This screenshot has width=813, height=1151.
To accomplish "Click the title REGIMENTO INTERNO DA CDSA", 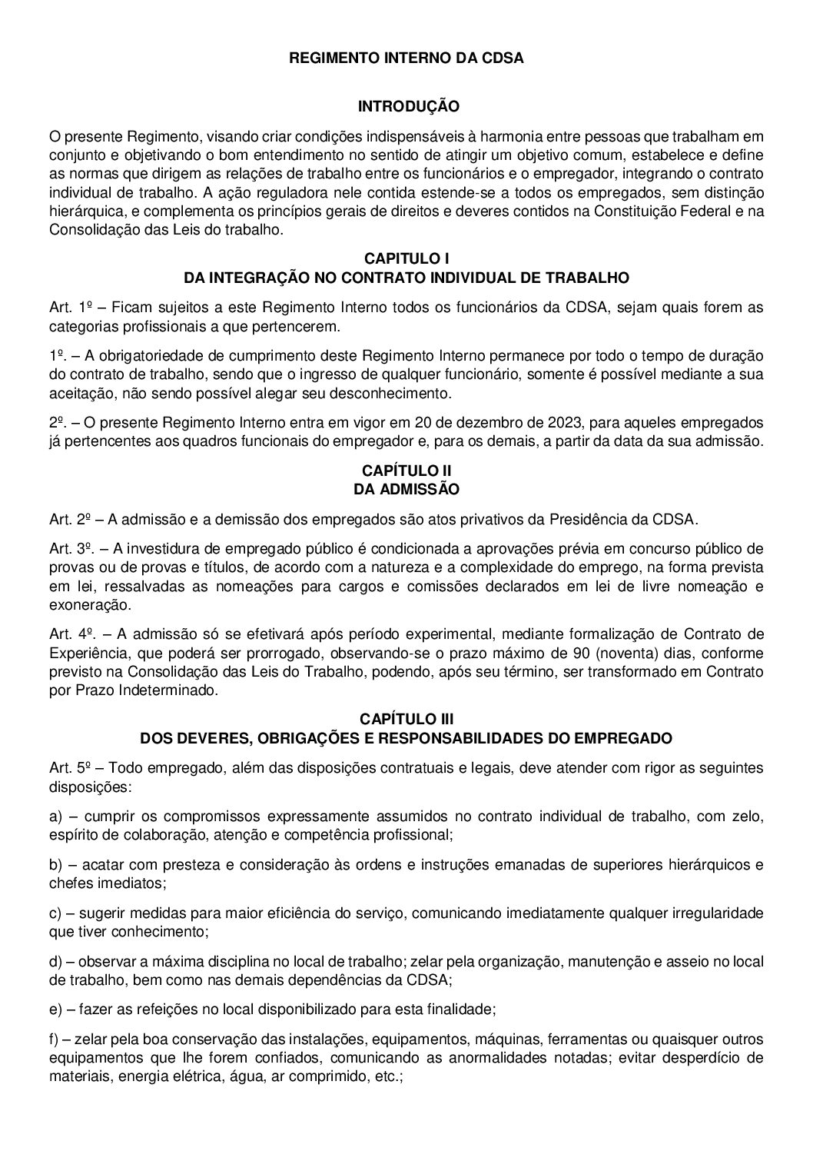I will (406, 58).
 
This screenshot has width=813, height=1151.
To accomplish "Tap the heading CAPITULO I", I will (406, 259).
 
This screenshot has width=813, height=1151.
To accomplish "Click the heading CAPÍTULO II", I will (406, 470).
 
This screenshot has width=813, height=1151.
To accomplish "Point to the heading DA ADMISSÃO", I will (406, 489).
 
